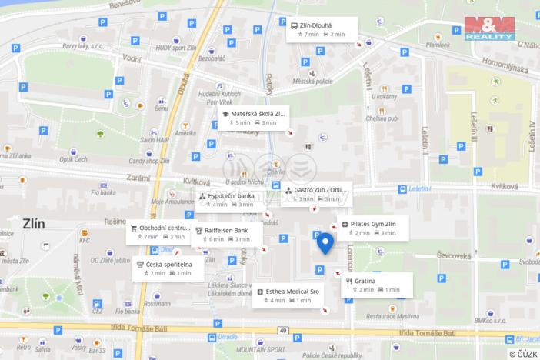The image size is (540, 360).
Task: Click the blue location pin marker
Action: [325, 243]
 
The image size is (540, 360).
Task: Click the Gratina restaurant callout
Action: [378, 285]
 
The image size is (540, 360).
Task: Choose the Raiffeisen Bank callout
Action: [227, 234]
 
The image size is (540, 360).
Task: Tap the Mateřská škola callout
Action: [253, 118]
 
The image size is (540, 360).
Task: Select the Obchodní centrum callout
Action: [159, 232]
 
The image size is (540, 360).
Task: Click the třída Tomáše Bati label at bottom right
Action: [427, 332]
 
